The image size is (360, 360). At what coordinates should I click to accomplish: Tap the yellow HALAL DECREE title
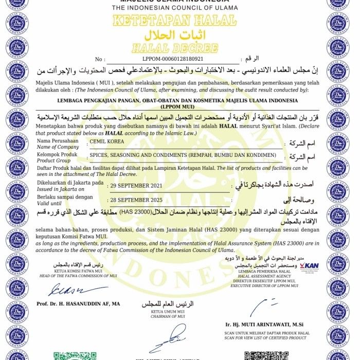pyautogui.click(x=174, y=48)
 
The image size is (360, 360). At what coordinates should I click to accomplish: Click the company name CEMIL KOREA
pyautogui.click(x=106, y=140)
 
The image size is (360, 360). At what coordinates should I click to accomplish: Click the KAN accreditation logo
pyautogui.click(x=309, y=265)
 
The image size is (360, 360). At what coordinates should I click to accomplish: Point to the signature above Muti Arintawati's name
pyautogui.click(x=260, y=308)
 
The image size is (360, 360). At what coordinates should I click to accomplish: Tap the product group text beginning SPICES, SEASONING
pyautogui.click(x=183, y=155)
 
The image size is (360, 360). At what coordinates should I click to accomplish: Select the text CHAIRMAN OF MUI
pyautogui.click(x=159, y=317)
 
